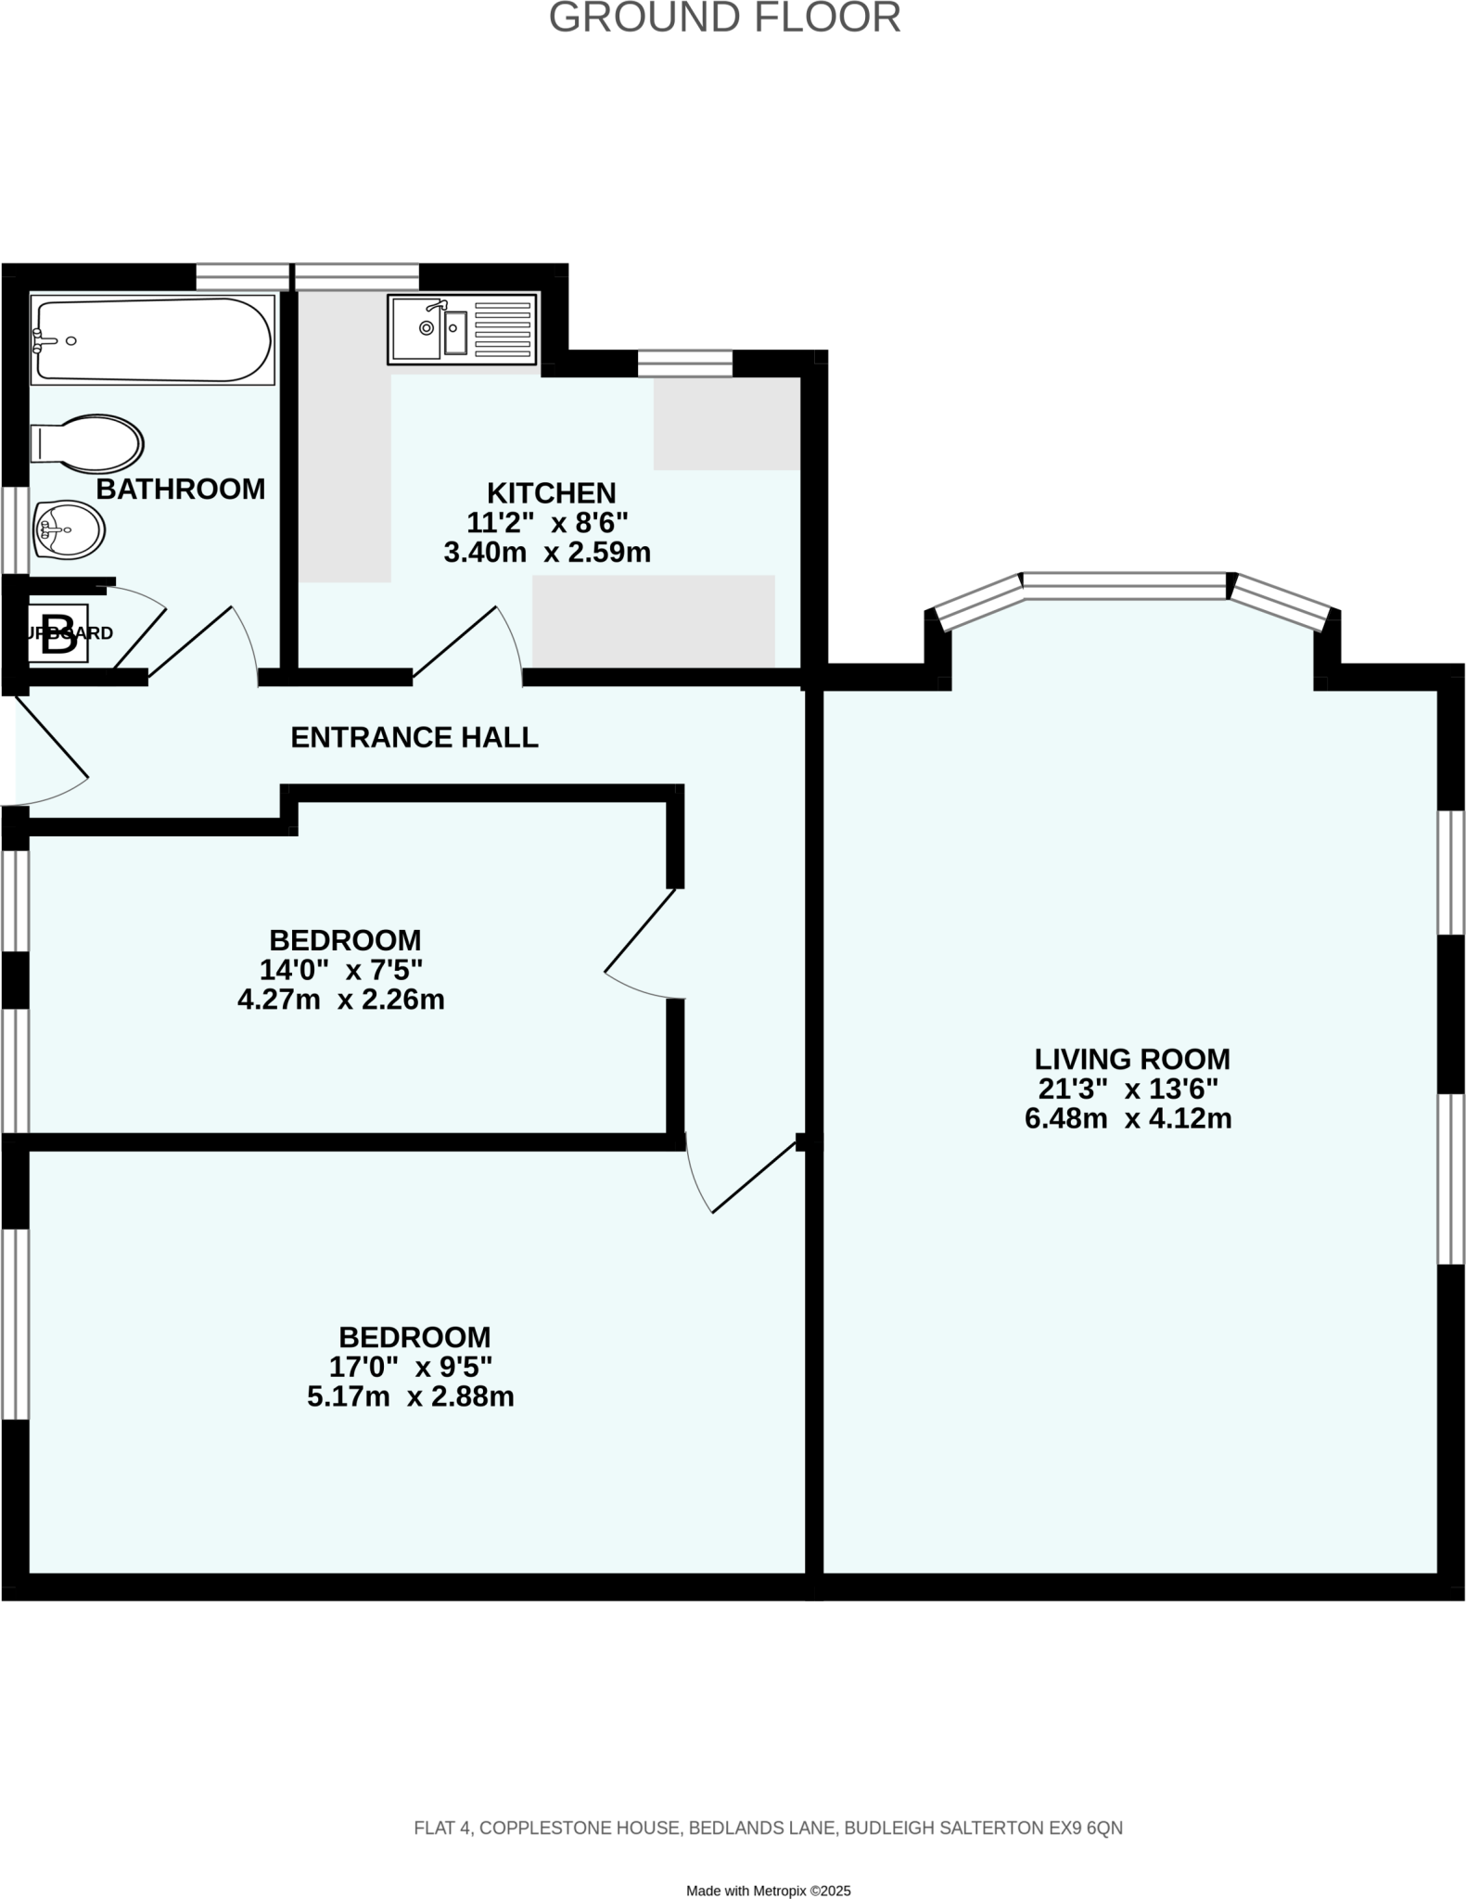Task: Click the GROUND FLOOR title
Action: (724, 19)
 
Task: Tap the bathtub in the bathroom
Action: (152, 339)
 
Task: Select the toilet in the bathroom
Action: (87, 443)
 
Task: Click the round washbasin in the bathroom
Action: (69, 529)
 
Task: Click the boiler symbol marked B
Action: (58, 633)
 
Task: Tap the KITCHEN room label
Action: (551, 492)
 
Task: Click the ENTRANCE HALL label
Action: (414, 737)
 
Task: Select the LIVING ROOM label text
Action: (1131, 1058)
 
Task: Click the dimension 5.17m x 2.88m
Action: (410, 1396)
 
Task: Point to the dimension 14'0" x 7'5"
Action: (341, 970)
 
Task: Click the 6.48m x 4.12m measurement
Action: (1128, 1118)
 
